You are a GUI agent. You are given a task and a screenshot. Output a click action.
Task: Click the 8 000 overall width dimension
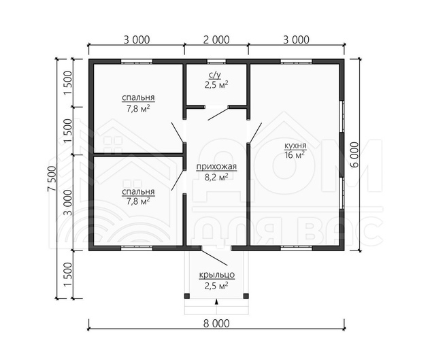[x=216, y=323]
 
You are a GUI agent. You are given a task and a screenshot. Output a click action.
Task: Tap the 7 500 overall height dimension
[x=52, y=178]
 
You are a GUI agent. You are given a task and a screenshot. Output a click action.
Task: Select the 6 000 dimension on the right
[x=355, y=154]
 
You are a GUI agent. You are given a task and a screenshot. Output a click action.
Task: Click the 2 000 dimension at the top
[x=216, y=39]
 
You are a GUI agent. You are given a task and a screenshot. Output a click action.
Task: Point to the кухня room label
[x=295, y=145]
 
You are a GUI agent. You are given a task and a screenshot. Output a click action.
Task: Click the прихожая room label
[x=216, y=167]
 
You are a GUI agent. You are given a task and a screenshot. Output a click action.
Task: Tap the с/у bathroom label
[x=215, y=74]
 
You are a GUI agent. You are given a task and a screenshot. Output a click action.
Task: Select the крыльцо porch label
[x=216, y=275]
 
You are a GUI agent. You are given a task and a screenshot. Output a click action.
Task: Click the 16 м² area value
[x=295, y=154]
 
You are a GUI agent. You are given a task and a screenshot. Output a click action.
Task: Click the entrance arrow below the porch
[x=216, y=301]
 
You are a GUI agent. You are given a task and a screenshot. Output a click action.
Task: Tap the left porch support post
[x=187, y=296]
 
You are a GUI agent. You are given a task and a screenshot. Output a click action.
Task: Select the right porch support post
[x=246, y=296]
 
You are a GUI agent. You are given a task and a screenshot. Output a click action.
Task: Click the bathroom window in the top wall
[x=216, y=61]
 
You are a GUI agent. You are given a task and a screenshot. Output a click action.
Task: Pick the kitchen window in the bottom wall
[x=296, y=248]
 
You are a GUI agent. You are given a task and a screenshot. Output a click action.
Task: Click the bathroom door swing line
[x=218, y=114]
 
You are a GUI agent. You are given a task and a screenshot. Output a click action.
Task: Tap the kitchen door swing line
[x=254, y=133]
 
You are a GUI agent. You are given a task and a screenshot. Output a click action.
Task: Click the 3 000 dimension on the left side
[x=68, y=202]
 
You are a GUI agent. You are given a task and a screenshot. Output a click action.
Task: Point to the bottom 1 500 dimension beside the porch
[x=68, y=274]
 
